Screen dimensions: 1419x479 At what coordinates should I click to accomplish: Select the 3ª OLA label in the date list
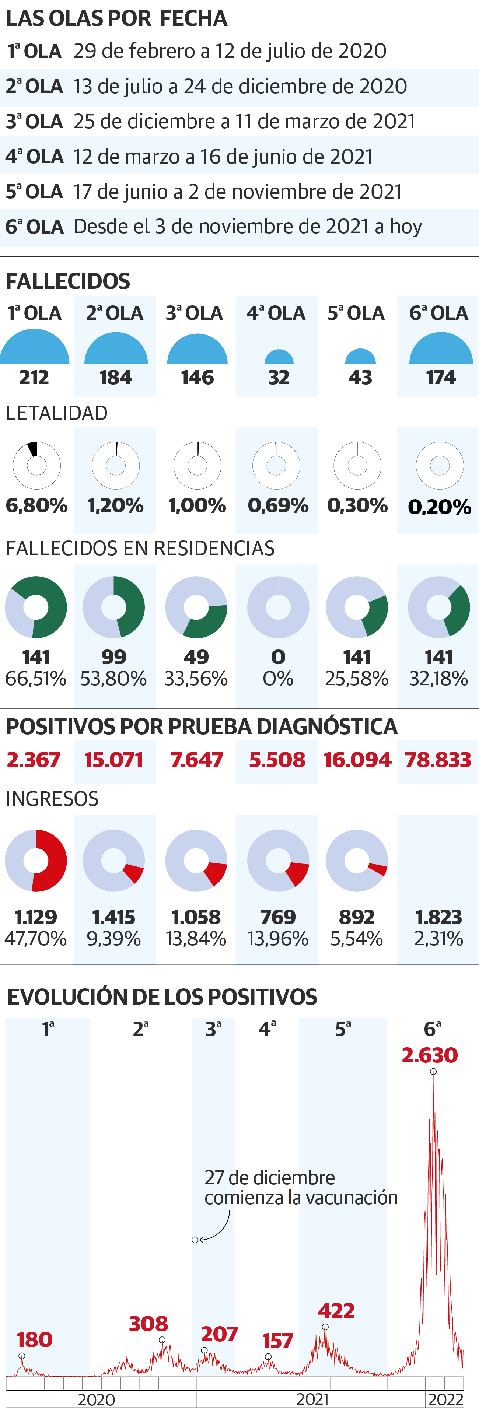pos(34,121)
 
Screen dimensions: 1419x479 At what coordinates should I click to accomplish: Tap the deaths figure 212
pos(34,378)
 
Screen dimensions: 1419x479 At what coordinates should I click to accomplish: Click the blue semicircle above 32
pos(279,357)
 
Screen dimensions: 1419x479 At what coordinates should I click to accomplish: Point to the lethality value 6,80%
pos(36,505)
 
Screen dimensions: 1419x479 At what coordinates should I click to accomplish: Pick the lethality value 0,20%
pos(439,507)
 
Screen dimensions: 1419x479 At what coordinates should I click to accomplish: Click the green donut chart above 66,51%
pos(36,607)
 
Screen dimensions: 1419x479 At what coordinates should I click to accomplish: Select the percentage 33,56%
pos(196,679)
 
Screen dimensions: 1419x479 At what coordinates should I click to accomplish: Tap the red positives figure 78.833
pos(438,760)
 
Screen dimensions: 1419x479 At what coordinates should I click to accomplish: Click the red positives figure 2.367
pos(33,760)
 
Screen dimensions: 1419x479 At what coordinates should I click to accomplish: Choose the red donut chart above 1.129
pos(36,861)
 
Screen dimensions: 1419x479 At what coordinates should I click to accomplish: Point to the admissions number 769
pos(278,917)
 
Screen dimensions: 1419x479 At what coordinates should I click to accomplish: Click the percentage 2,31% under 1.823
pos(439,938)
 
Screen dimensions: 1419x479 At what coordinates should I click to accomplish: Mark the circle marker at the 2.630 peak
pos(433,1071)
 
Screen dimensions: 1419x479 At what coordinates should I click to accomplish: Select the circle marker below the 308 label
pos(162,1340)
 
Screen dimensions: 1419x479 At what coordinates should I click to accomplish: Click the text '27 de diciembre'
pos(270,1178)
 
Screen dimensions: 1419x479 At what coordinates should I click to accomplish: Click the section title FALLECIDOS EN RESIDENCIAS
pos(140,549)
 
